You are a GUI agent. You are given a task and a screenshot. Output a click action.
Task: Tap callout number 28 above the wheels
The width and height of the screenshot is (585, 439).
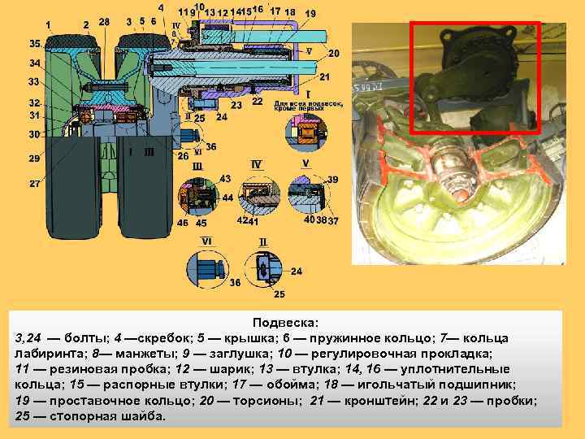103,22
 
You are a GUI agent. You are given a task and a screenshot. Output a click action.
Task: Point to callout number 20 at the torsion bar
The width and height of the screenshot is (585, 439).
334,53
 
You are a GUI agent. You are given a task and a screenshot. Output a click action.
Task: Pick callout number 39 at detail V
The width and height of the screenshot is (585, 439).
332,178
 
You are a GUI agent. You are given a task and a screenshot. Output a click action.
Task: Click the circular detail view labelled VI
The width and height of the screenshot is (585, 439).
209,270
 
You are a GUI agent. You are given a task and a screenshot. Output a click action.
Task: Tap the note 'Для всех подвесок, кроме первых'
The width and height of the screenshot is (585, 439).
309,106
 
